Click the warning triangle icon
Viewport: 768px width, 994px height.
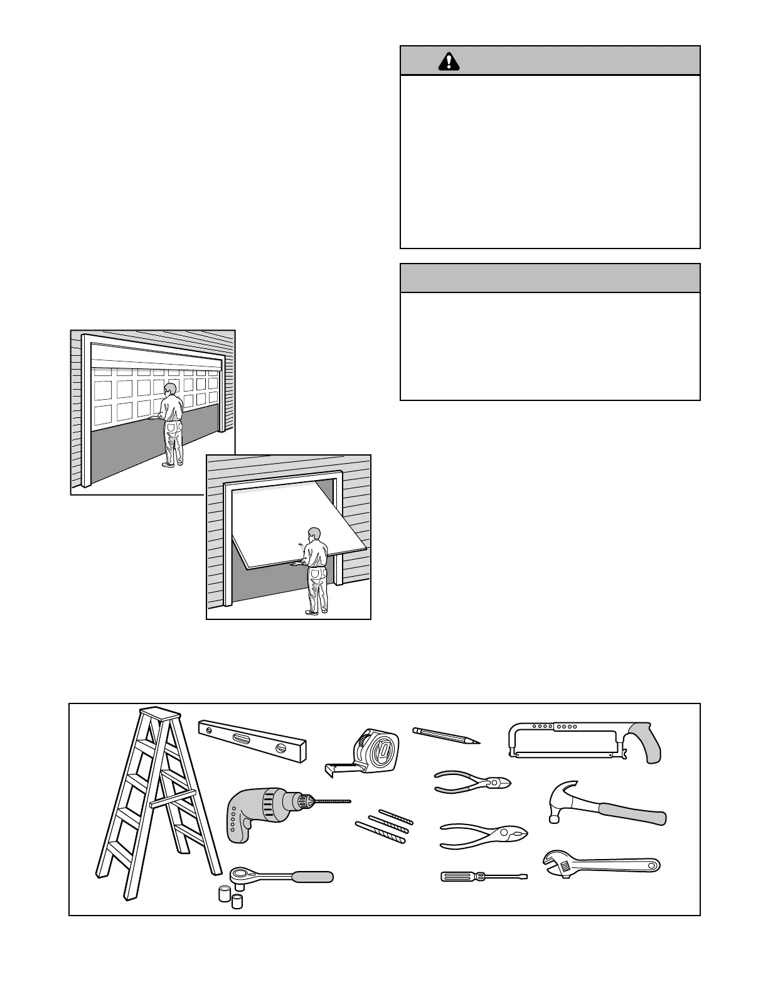(449, 61)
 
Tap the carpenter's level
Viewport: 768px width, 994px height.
(252, 740)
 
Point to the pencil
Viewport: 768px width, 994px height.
(445, 735)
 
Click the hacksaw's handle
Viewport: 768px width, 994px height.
(644, 742)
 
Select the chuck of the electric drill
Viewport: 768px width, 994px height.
(304, 801)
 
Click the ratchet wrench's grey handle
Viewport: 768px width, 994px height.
(312, 876)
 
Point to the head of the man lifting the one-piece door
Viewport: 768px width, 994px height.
(314, 534)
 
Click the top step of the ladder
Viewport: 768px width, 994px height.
(159, 713)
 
